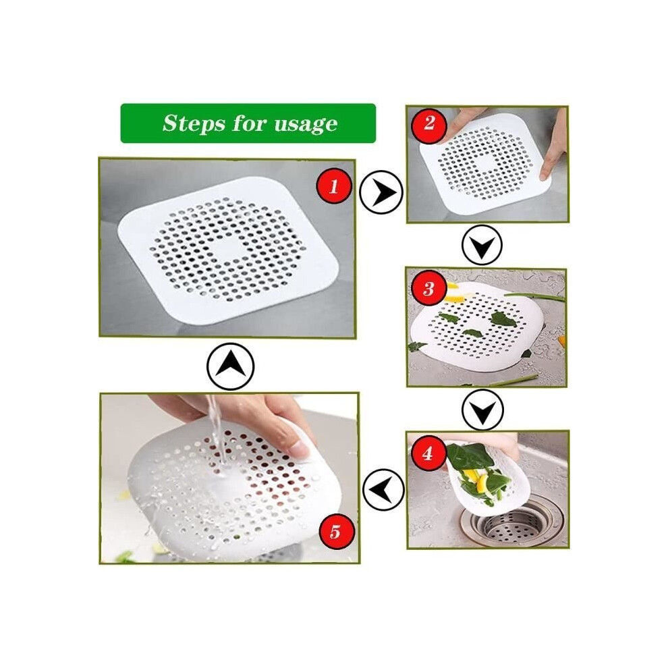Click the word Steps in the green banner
[x=194, y=123]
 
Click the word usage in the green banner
[x=306, y=125]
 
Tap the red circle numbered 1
[x=334, y=186]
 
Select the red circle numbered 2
[x=429, y=123]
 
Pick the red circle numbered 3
[x=428, y=288]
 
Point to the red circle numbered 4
[x=428, y=453]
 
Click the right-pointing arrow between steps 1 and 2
[x=381, y=192]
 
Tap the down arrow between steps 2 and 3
[x=482, y=246]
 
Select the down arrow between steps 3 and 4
[x=482, y=410]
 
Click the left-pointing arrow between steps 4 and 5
[x=383, y=489]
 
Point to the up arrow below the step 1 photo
[x=231, y=366]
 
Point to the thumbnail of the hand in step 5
[x=301, y=449]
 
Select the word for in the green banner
[x=250, y=124]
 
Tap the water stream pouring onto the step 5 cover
[x=217, y=435]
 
